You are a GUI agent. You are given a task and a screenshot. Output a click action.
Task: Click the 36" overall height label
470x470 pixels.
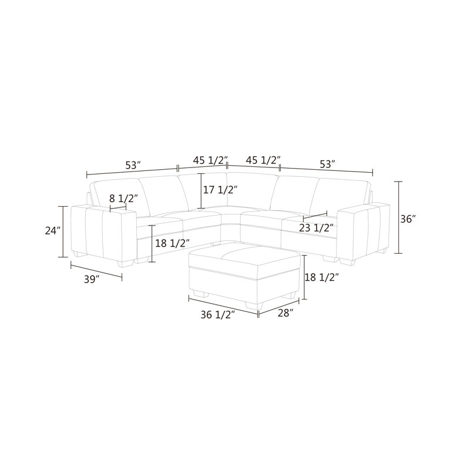tap(408, 219)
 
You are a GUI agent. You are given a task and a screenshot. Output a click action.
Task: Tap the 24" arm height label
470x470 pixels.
tap(53, 231)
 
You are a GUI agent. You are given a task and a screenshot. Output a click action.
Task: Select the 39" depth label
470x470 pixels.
tap(92, 280)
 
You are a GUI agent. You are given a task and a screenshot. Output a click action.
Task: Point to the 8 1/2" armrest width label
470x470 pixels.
tap(123, 199)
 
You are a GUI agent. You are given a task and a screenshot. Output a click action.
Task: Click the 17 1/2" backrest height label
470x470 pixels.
tap(221, 190)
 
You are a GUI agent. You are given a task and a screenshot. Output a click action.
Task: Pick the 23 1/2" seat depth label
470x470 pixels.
tap(316, 228)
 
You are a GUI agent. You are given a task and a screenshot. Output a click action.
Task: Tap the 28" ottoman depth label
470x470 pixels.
tap(286, 313)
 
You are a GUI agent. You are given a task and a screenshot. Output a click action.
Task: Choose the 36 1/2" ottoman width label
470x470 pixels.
tap(217, 315)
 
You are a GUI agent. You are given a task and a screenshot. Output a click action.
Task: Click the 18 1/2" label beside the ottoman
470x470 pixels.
tap(322, 277)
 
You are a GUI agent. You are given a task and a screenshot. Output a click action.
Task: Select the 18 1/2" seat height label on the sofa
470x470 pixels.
tap(172, 243)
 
